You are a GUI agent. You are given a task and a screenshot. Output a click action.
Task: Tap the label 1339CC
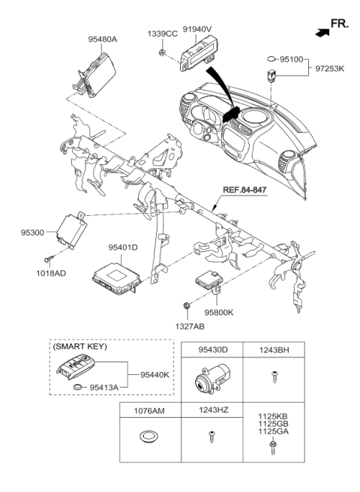click(162, 34)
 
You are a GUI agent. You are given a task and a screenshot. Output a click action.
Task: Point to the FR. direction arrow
click(322, 33)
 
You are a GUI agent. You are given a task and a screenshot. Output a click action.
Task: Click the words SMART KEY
click(80, 347)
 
